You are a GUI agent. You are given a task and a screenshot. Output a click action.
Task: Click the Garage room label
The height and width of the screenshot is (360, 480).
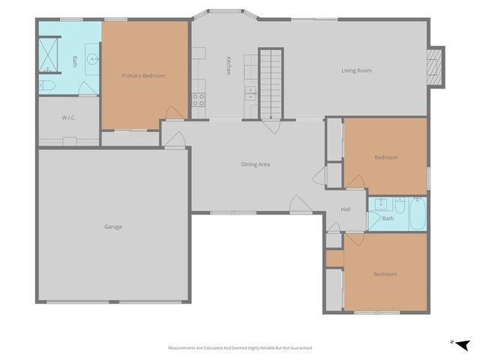113,226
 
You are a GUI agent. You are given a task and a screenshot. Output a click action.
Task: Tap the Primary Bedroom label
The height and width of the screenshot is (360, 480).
143,76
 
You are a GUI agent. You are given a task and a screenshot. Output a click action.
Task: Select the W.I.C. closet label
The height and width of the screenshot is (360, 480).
68,118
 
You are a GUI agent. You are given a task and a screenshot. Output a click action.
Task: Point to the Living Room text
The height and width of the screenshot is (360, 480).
356,70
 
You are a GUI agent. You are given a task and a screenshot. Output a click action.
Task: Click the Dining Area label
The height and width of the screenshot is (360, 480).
255,164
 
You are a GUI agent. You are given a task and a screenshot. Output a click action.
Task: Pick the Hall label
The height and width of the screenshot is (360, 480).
346,209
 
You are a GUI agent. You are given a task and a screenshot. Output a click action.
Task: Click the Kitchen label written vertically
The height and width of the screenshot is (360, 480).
227,66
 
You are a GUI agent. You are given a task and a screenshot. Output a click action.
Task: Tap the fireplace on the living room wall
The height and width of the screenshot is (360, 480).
434,65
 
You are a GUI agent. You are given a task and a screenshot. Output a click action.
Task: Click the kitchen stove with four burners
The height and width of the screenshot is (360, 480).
199,97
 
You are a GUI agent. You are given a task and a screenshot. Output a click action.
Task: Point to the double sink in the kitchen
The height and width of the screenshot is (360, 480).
250,94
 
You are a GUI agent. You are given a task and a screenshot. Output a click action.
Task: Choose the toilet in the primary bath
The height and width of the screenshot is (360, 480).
46,86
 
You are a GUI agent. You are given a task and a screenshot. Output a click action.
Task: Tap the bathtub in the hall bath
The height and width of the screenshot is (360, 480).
417,214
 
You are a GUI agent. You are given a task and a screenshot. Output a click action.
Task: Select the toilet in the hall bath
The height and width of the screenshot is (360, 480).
400,203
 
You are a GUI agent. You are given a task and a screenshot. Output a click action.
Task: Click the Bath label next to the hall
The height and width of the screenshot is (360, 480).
388,218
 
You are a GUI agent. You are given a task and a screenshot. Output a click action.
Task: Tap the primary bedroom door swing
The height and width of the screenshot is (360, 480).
172,112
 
